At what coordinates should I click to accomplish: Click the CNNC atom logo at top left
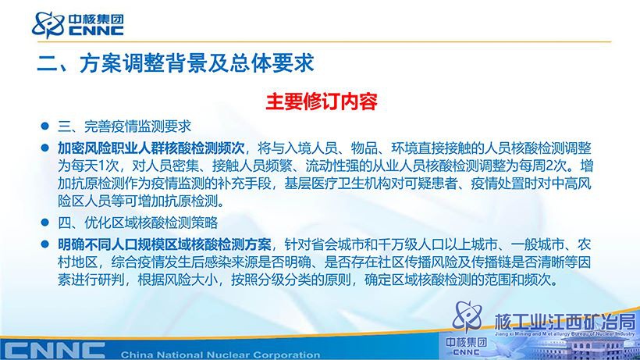pos(48,25)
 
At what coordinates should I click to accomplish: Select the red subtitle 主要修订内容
pos(322,102)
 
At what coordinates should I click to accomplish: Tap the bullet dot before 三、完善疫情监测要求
pos(45,126)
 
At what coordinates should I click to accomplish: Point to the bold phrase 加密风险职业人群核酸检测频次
pos(151,148)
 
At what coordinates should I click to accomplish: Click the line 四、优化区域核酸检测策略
pos(137,223)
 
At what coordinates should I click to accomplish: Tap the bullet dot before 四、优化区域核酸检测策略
pos(45,223)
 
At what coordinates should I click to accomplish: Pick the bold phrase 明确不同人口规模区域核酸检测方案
pos(165,244)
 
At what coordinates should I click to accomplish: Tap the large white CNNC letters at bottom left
pos(53,351)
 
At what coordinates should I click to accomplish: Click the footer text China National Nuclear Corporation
pos(220,355)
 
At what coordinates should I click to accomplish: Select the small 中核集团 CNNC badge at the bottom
pos(466,347)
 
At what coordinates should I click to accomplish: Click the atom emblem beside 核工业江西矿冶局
pos(468,317)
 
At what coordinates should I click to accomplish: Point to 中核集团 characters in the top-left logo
pos(96,20)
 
